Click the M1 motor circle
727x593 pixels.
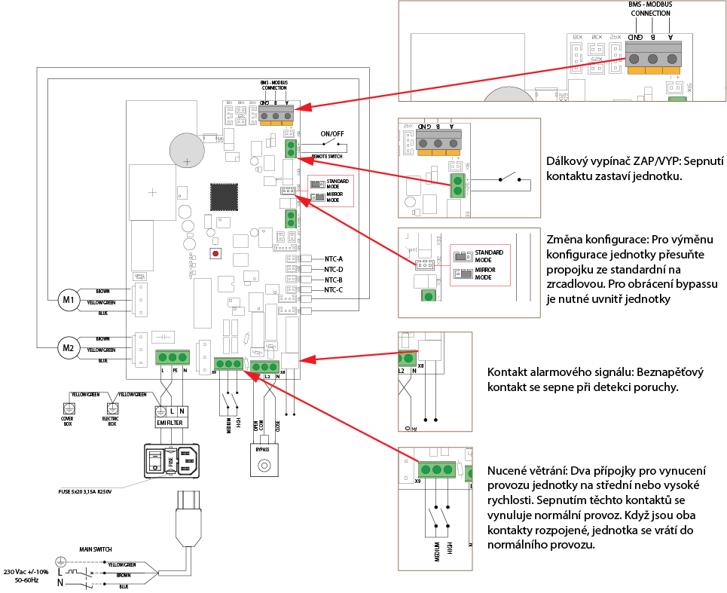70,300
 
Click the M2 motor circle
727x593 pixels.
70,347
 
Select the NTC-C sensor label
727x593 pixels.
333,290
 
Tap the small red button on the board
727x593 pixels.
216,254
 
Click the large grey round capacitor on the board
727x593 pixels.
185,149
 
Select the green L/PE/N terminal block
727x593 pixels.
173,357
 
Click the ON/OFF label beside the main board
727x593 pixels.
331,133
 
